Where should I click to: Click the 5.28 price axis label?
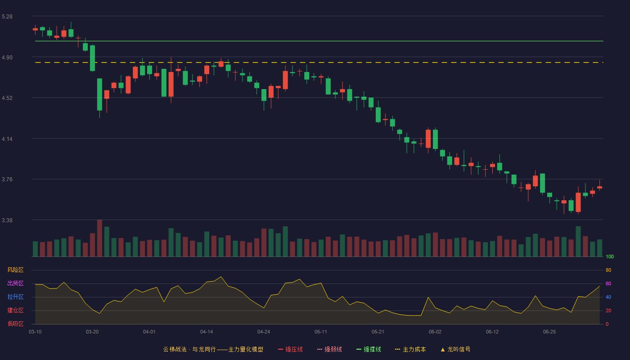point(7,17)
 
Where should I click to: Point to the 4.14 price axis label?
point(7,139)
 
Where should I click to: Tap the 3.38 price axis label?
point(7,220)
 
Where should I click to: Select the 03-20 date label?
point(92,332)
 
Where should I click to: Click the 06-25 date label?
point(549,332)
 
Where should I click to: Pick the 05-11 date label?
point(320,332)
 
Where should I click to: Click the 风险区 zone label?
point(15,270)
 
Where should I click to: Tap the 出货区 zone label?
point(15,283)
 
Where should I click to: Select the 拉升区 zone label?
point(15,297)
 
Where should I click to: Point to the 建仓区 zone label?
point(15,310)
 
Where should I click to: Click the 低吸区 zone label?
point(15,324)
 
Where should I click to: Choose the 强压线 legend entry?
point(290,349)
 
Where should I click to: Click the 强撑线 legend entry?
point(369,349)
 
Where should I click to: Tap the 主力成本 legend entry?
point(410,349)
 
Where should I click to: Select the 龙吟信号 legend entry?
point(455,349)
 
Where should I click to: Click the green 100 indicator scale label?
point(610,256)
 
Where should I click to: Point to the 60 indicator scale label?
point(608,283)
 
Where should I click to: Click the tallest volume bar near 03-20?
point(99,238)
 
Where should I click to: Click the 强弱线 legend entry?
point(329,349)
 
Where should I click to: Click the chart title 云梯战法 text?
point(175,349)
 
